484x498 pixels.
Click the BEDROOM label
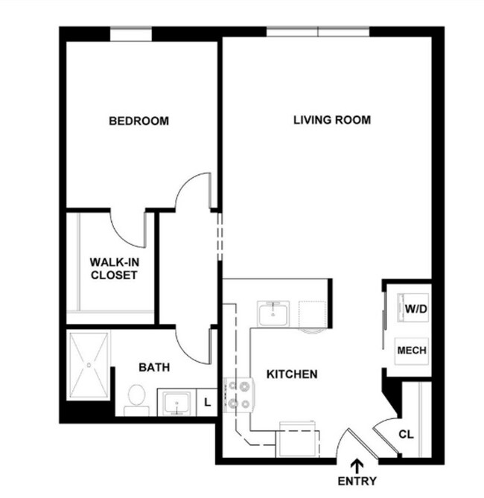(138, 121)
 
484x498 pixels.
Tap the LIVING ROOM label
(331, 120)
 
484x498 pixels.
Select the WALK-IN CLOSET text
(114, 269)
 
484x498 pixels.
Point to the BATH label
(154, 367)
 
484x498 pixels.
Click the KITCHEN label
(293, 374)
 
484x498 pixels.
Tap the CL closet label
(406, 434)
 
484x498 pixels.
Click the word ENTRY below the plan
(357, 481)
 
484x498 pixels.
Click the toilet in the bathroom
(136, 398)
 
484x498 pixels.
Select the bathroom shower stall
(89, 365)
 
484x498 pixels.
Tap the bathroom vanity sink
(177, 403)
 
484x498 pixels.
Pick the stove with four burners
(238, 395)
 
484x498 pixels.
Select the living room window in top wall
(319, 32)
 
